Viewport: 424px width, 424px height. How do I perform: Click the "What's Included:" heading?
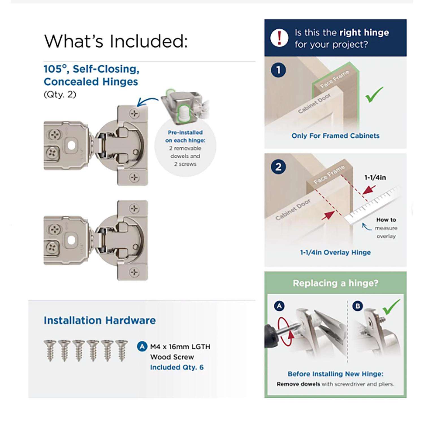[116, 41]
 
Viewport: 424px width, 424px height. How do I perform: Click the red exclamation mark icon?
[279, 38]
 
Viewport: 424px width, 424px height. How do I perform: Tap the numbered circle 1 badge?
[278, 70]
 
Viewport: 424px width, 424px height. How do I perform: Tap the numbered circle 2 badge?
[278, 167]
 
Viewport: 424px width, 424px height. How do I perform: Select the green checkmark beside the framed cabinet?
[374, 94]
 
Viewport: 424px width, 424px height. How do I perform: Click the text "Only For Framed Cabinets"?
[336, 136]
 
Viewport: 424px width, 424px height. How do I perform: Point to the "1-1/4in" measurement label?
[375, 178]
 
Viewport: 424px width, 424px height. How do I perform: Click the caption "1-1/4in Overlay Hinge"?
[335, 252]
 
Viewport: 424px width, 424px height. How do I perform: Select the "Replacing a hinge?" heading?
[336, 283]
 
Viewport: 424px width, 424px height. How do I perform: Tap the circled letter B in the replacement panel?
[358, 306]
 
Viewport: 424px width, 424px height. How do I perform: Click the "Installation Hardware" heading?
[100, 320]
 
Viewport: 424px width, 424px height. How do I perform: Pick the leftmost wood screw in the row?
[50, 351]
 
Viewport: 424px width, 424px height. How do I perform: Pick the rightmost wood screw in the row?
[122, 351]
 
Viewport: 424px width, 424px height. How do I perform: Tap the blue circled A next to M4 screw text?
[142, 346]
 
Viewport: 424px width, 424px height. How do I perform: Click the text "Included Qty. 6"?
[177, 367]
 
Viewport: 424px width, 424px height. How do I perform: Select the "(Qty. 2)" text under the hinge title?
[60, 94]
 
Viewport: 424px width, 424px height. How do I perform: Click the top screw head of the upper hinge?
[134, 114]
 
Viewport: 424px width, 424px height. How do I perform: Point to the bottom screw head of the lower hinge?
[134, 272]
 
